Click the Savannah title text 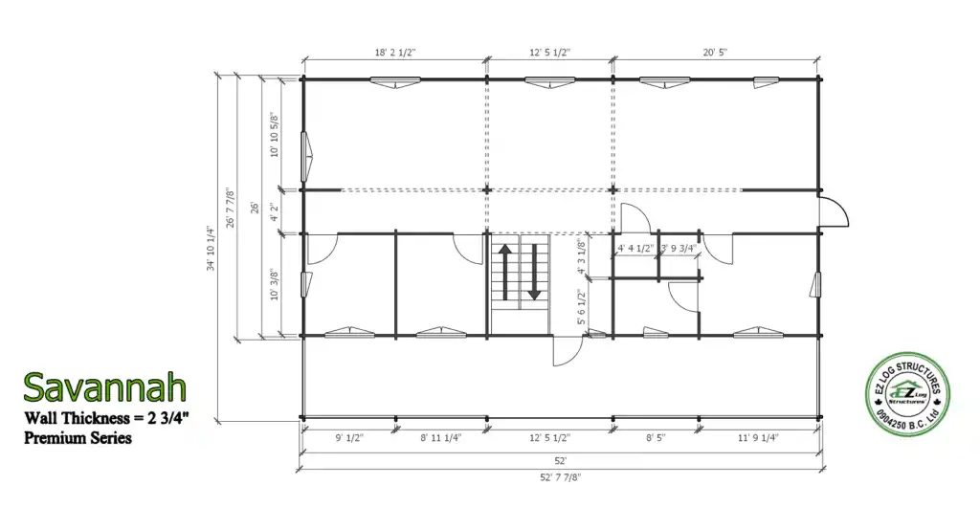click(x=105, y=387)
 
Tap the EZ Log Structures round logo click(x=907, y=393)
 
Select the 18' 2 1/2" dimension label click(x=395, y=53)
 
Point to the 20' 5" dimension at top click(x=715, y=53)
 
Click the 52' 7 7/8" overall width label click(x=561, y=477)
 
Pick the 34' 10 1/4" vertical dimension click(x=211, y=249)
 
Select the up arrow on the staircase click(x=505, y=272)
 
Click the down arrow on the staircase click(x=534, y=272)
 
